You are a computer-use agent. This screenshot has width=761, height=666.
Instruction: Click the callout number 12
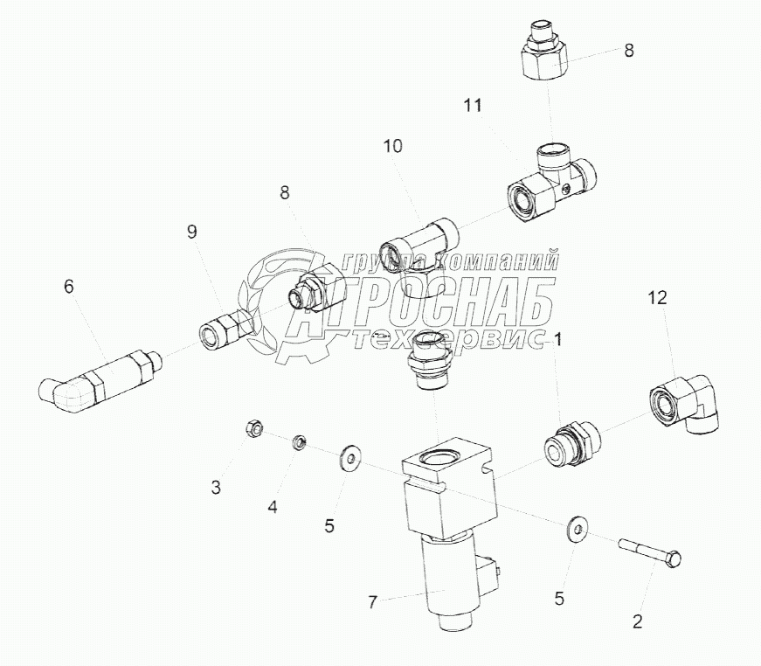coord(658,297)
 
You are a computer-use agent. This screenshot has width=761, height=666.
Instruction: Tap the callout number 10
coord(393,146)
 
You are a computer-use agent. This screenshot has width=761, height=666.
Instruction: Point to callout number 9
coord(193,232)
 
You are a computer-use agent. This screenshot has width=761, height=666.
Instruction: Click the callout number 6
coord(69,287)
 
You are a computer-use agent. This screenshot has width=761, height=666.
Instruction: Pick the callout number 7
coord(372,602)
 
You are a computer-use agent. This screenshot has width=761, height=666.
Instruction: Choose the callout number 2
coord(638,621)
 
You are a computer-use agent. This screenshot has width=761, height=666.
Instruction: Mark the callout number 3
coord(216,487)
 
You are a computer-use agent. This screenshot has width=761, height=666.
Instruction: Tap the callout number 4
coord(273,507)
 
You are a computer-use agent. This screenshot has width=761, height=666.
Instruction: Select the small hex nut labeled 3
coord(254,428)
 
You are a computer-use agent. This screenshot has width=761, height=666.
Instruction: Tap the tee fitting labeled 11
coord(552,184)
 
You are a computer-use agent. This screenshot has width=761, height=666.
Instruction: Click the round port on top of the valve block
coord(439,456)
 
